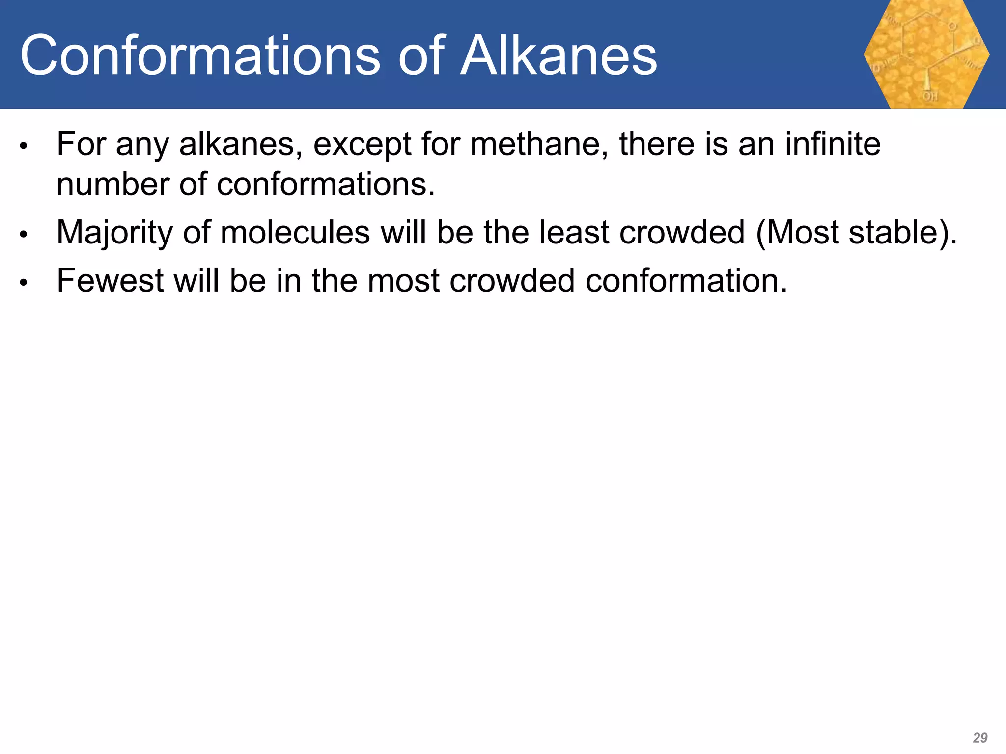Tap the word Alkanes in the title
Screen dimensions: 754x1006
point(559,56)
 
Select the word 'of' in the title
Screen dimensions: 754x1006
point(421,56)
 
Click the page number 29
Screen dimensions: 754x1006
point(980,737)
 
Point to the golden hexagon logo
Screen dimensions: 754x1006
point(926,54)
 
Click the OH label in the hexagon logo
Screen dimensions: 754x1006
point(930,97)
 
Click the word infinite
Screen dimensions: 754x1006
point(833,144)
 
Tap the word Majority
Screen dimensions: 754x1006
point(114,233)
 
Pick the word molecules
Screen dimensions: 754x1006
point(295,233)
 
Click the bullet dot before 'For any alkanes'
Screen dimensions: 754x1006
point(23,146)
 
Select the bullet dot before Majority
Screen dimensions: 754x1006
point(23,235)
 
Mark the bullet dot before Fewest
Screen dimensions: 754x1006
point(23,283)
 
